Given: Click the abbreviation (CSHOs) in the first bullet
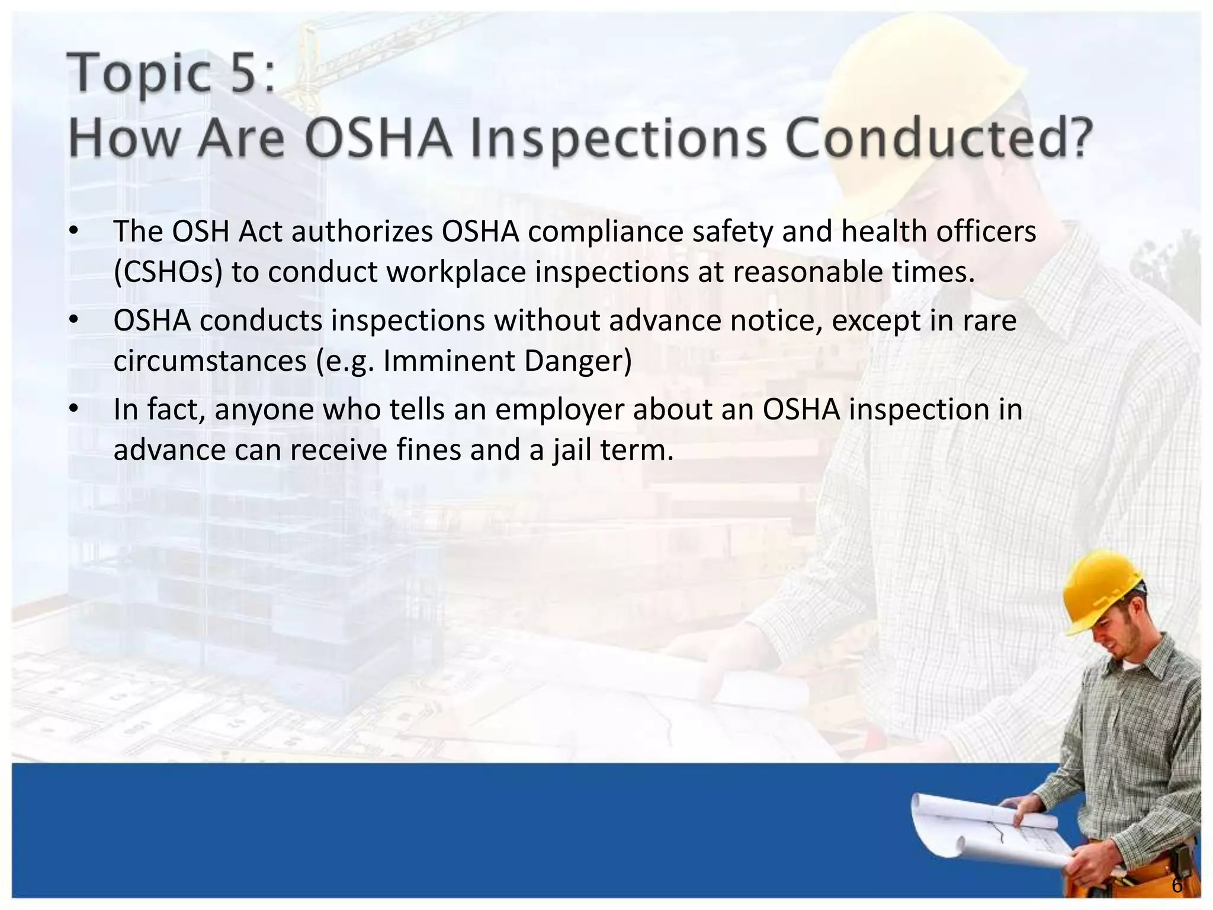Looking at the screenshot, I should pyautogui.click(x=168, y=273).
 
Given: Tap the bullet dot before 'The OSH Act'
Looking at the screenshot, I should pyautogui.click(x=73, y=232).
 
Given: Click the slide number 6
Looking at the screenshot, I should pyautogui.click(x=1176, y=886).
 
